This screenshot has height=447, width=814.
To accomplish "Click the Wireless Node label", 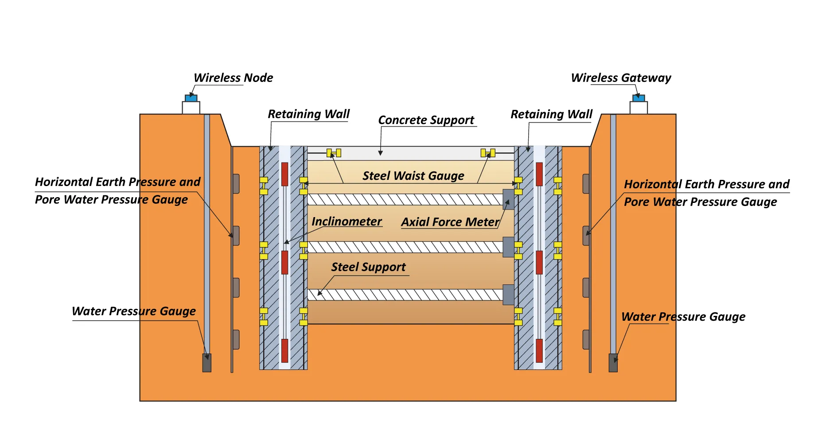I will point(233,78).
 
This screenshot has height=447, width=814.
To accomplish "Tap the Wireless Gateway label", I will point(621,78).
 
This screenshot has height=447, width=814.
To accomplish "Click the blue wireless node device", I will point(191,98).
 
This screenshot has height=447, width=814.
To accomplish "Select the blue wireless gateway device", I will point(639,98).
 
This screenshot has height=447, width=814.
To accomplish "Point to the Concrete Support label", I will point(426,120).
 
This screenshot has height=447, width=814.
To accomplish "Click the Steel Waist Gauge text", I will point(413,176).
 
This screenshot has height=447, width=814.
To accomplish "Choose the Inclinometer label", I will point(347,222).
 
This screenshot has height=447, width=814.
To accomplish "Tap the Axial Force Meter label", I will point(450,222).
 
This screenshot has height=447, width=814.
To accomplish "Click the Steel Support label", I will point(368,267).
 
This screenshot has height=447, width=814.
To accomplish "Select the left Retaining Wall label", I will point(308,114).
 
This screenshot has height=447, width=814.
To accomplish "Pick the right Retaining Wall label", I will point(551,114).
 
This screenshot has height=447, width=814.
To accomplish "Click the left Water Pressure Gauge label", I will point(133,311).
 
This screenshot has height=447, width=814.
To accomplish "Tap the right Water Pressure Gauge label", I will point(683,317).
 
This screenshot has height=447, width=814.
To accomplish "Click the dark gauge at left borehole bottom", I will point(207,363).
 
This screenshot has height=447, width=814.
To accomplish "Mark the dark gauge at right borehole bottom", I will point(613,363).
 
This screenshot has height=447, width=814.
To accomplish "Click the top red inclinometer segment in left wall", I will point(284,174).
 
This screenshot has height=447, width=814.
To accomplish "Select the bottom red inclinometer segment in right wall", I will point(539,350).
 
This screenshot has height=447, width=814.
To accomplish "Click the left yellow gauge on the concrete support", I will point(334,153).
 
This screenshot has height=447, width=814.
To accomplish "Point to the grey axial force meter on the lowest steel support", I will point(508,295).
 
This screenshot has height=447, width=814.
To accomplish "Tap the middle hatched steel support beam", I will point(405,247).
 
